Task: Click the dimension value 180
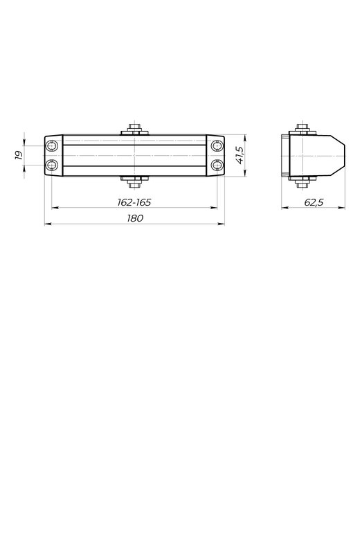135,218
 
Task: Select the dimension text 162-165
134,202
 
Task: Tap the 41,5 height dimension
240,155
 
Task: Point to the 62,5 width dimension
314,202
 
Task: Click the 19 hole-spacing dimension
19,155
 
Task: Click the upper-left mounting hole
52,146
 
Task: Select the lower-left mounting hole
52,165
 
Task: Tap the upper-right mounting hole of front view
217,146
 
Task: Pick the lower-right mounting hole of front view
217,165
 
